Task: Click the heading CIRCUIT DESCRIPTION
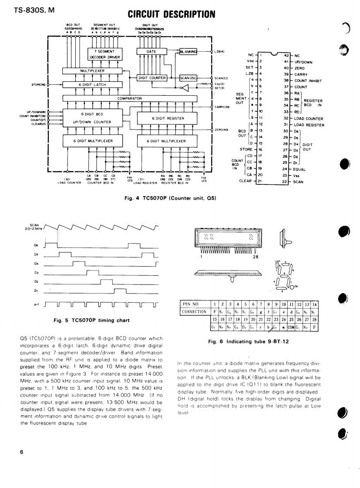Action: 172,15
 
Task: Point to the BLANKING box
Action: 188,51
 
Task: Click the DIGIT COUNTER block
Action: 152,78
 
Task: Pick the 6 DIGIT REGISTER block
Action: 168,118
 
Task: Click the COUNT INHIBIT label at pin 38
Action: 310,80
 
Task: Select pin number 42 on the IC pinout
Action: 286,55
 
